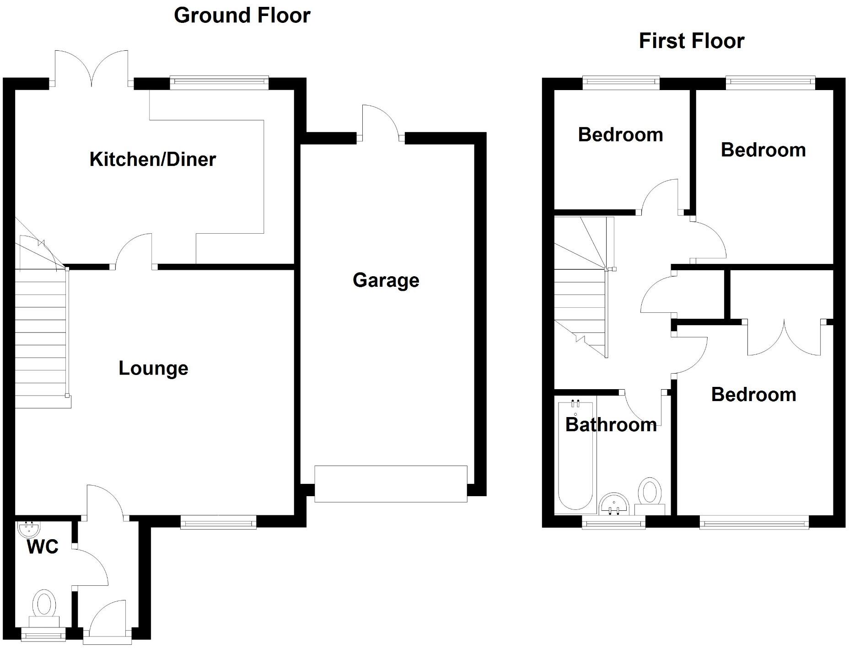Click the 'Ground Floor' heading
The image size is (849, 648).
click(242, 16)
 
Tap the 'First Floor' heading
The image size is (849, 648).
click(691, 41)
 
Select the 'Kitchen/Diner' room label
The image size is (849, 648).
click(152, 160)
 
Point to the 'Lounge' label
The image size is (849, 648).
click(153, 369)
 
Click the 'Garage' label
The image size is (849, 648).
click(386, 280)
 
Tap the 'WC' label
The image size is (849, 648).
click(43, 547)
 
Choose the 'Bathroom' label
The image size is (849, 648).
click(611, 425)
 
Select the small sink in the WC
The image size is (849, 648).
click(28, 529)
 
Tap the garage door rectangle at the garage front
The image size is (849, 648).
click(391, 484)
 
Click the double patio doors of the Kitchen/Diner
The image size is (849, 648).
click(91, 69)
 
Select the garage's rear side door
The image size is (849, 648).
click(380, 123)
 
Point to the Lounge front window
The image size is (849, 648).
click(218, 522)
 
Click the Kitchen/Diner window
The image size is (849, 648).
click(219, 82)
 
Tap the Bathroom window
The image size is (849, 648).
click(613, 522)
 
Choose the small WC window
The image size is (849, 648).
click(44, 634)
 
